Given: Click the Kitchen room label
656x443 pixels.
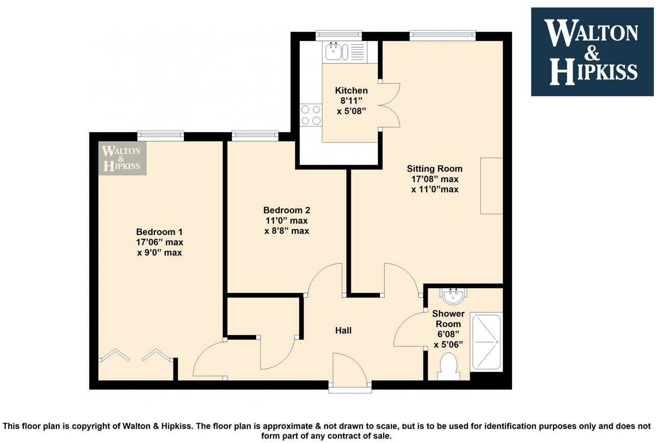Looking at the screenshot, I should pyautogui.click(x=351, y=91).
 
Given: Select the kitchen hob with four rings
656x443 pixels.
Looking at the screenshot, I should pyautogui.click(x=310, y=115).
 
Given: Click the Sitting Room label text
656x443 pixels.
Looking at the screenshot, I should pyautogui.click(x=435, y=168).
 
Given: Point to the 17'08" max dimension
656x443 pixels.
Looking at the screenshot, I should pyautogui.click(x=435, y=179).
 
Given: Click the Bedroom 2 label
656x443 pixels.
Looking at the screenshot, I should pyautogui.click(x=286, y=210).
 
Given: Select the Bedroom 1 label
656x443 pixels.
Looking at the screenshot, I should pyautogui.click(x=159, y=231).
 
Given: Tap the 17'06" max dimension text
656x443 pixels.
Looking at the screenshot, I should pyautogui.click(x=159, y=242).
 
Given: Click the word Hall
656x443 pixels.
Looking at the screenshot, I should pyautogui.click(x=343, y=331).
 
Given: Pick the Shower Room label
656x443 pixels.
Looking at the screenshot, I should pyautogui.click(x=448, y=319).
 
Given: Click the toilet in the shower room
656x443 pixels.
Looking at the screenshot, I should pyautogui.click(x=449, y=368).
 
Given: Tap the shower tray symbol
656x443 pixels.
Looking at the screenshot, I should pyautogui.click(x=487, y=342).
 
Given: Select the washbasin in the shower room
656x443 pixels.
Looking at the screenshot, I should pyautogui.click(x=452, y=296).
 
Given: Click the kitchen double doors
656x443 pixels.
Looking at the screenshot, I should pyautogui.click(x=391, y=104).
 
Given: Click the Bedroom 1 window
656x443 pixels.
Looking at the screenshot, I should pyautogui.click(x=160, y=136).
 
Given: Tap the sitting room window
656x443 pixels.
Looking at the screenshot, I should pyautogui.click(x=442, y=35).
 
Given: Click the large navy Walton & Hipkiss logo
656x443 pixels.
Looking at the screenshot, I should pyautogui.click(x=592, y=52).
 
